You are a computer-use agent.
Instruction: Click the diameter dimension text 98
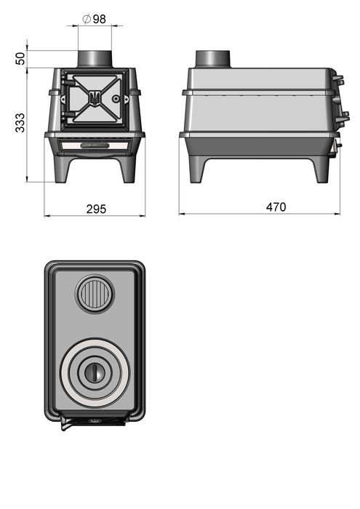(x=100, y=19)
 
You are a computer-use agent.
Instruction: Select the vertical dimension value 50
(x=20, y=59)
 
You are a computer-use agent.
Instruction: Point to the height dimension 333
(x=20, y=123)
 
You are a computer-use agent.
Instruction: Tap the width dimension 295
(x=96, y=209)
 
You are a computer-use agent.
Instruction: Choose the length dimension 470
(x=276, y=207)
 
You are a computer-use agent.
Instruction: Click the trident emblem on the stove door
(x=95, y=97)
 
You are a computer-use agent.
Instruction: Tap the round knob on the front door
(x=116, y=99)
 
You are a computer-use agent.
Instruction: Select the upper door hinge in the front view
(x=68, y=82)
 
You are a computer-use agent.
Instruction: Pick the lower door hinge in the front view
(x=68, y=115)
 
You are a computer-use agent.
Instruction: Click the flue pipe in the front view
(x=95, y=59)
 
